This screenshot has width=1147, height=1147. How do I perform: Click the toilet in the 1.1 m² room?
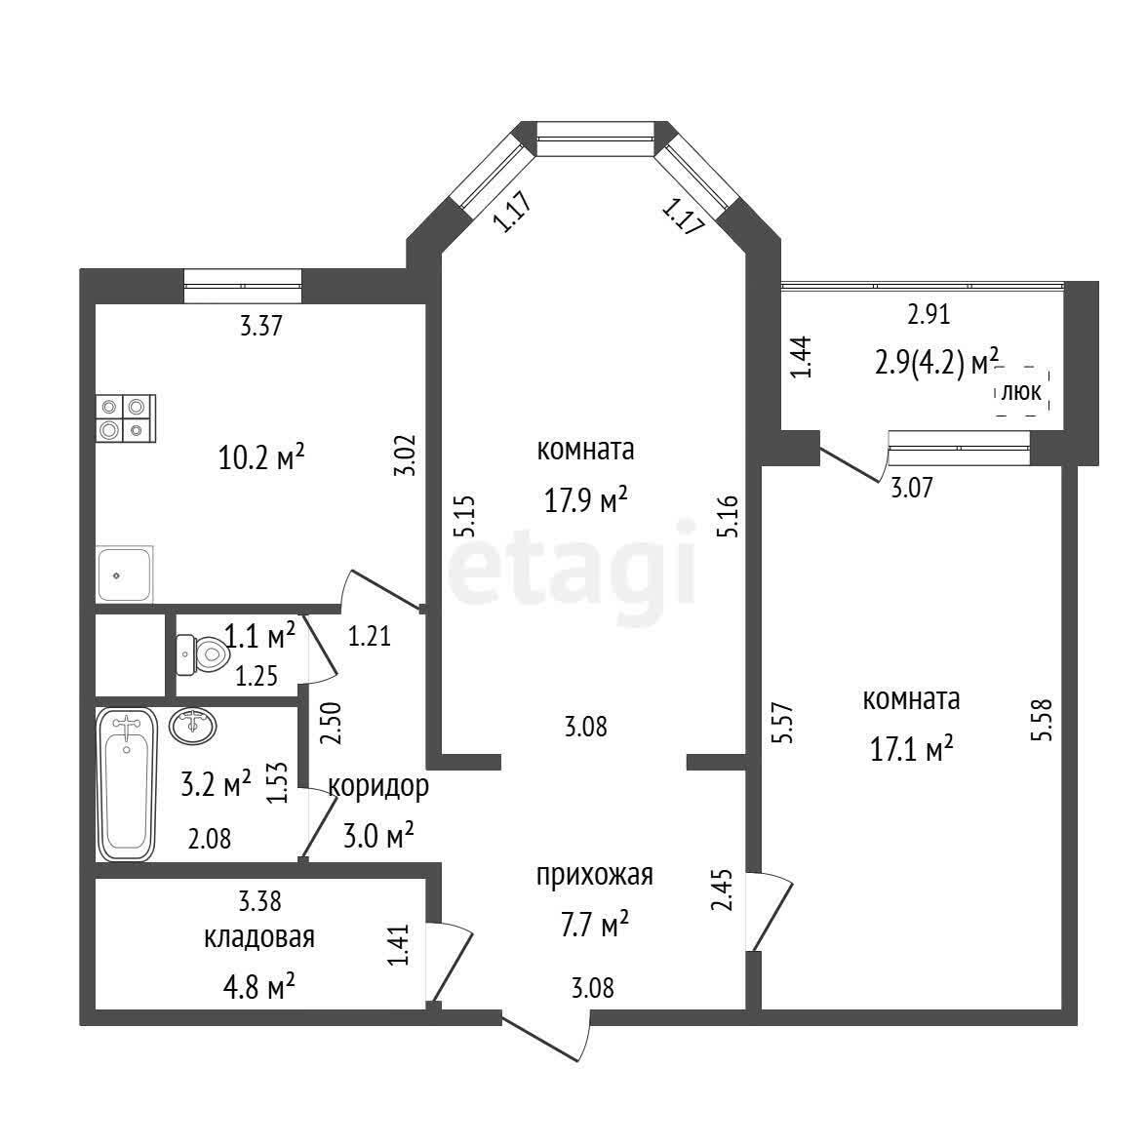[x=202, y=654]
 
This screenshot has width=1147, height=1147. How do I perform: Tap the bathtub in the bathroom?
[x=127, y=784]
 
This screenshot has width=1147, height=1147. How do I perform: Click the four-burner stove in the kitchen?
[x=125, y=418]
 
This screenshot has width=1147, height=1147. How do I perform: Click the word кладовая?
[x=259, y=937]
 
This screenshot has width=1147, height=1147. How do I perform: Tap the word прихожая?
[x=595, y=875]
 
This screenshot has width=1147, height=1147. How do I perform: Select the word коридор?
[x=378, y=786]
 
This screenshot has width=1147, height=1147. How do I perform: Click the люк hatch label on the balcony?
[x=1020, y=392]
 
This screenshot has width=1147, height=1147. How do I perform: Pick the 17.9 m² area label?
[x=586, y=501]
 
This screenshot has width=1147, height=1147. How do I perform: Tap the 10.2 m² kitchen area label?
[x=261, y=458]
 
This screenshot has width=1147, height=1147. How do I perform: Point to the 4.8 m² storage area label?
[x=259, y=987]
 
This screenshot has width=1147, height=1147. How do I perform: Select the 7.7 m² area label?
[x=593, y=925]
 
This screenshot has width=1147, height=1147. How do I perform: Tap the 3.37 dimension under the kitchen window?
[x=261, y=326]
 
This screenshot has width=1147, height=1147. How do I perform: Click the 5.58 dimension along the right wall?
[x=1042, y=721]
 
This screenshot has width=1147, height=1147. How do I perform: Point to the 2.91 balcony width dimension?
[x=929, y=314]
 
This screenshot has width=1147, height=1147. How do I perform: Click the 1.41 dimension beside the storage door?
[x=399, y=944]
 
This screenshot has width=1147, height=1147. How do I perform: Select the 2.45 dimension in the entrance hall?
[x=722, y=889]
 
